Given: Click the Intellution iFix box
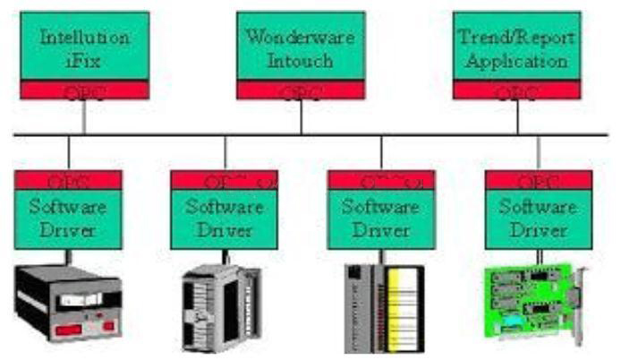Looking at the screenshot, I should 85,47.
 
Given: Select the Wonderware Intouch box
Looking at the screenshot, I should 301,47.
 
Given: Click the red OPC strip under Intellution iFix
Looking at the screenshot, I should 85,90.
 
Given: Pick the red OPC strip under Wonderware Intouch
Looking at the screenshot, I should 301,90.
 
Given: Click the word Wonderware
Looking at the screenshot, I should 301,39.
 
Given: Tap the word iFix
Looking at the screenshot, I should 85,62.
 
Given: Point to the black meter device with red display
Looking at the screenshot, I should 67,300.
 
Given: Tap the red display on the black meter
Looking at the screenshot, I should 74,330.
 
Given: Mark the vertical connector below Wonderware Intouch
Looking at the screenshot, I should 301,116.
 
